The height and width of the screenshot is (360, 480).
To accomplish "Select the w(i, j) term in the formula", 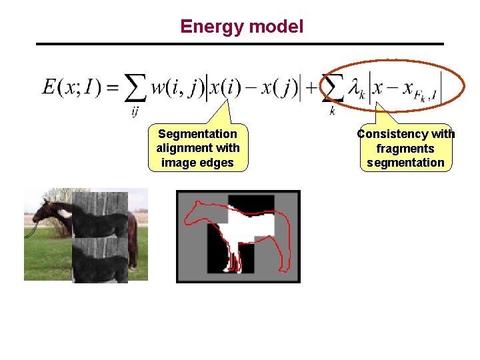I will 177,87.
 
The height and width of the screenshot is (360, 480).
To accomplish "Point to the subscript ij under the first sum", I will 135,111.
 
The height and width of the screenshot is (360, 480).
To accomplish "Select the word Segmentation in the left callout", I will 197,134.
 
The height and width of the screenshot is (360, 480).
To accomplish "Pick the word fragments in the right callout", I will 405,149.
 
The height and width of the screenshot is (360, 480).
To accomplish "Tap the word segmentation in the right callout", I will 405,163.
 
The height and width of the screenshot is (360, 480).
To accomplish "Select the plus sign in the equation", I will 311,87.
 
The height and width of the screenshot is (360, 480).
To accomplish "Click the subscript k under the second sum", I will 332,111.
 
